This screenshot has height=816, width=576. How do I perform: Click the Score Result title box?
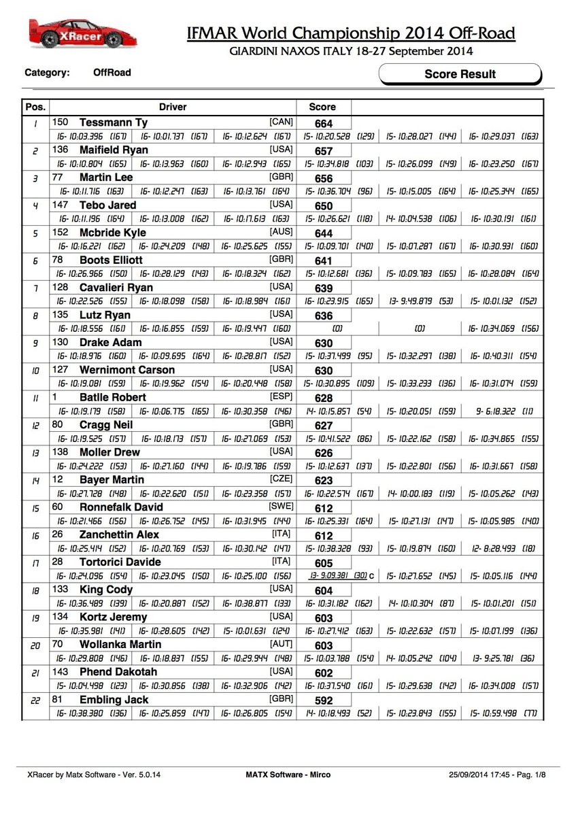[x=460, y=74]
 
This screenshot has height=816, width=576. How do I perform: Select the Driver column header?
[x=173, y=107]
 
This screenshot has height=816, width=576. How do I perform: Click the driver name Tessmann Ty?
[x=114, y=122]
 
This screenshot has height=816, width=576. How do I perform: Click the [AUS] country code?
[x=281, y=232]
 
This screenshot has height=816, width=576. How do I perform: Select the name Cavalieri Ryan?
[x=116, y=288]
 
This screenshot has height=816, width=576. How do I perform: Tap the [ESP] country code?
[x=281, y=396]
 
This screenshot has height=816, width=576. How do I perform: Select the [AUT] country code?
[x=281, y=643]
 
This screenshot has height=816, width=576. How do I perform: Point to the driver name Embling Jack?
[x=112, y=699]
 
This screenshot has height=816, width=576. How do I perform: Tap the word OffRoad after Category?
[x=112, y=72]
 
